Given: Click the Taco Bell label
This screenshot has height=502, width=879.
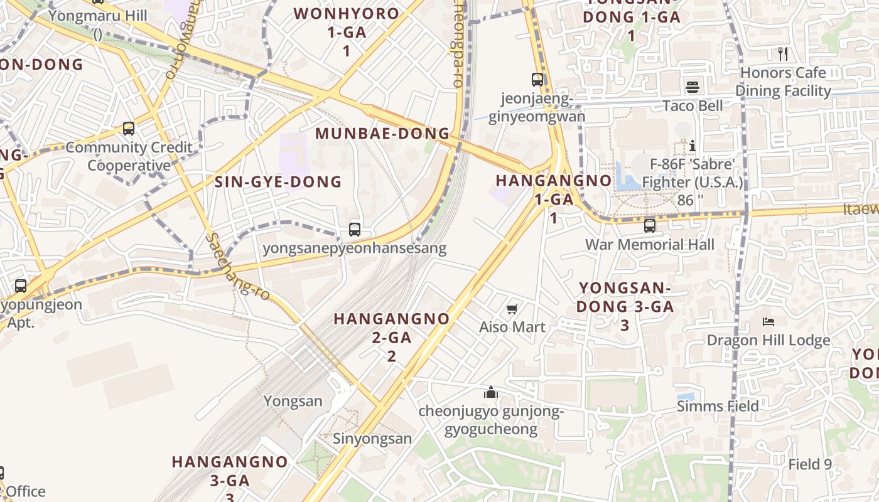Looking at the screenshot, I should (x=693, y=105).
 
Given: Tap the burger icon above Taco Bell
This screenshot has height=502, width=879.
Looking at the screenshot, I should (x=693, y=87).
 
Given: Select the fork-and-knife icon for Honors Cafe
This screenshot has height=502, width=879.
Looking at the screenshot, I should (x=782, y=53).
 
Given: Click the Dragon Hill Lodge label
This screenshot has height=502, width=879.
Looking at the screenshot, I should (x=768, y=340).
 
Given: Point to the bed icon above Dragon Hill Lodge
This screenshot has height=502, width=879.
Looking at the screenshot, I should (x=768, y=322).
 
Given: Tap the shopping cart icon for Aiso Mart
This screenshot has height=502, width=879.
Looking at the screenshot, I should (x=512, y=309).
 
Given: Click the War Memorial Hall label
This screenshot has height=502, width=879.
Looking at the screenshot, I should (x=650, y=244).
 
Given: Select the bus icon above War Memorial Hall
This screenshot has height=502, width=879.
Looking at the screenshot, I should (x=650, y=225).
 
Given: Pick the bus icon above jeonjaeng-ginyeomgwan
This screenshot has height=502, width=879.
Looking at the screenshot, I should (x=537, y=80).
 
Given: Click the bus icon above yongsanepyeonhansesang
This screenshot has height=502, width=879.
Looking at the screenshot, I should (x=355, y=230).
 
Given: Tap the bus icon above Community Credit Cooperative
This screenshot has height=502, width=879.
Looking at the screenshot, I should (x=129, y=129).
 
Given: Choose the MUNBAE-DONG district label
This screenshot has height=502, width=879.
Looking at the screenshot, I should (x=382, y=134).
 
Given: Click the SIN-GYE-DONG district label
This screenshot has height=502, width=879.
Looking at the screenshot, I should (x=278, y=182).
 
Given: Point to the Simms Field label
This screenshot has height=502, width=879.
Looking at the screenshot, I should (x=718, y=406).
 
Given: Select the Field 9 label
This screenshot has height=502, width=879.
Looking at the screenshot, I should (x=810, y=464).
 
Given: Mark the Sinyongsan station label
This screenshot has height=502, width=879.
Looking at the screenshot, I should (x=372, y=439).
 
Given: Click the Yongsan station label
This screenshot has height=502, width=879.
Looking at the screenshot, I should (x=293, y=401).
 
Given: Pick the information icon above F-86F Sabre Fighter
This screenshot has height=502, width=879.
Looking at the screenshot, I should (x=693, y=146).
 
